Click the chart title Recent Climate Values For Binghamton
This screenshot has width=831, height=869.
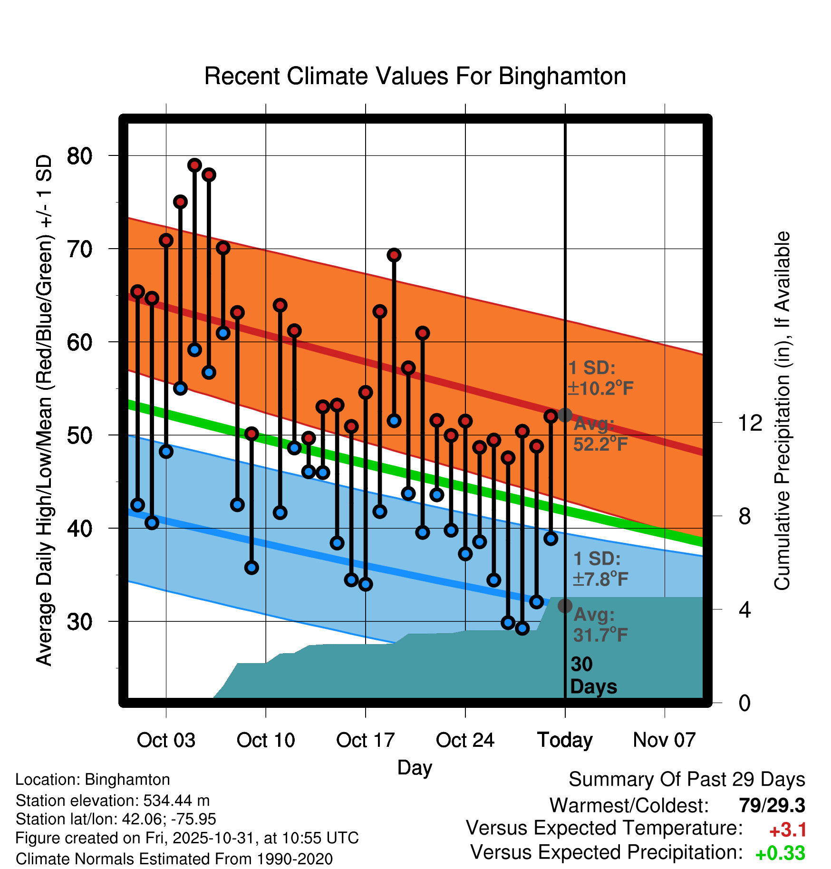(x=415, y=76)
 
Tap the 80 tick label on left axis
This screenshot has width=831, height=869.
(x=79, y=156)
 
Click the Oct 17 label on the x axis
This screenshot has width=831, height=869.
(x=365, y=740)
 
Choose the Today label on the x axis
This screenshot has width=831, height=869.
(x=565, y=740)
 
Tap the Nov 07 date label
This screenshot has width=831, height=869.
(x=664, y=740)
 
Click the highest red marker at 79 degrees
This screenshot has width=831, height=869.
(x=194, y=165)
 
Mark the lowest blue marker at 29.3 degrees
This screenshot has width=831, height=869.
(x=522, y=628)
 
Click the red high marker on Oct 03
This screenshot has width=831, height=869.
(x=166, y=240)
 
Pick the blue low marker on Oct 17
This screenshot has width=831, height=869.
(x=366, y=584)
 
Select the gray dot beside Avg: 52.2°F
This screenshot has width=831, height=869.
(x=565, y=415)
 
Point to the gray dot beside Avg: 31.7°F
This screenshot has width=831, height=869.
(x=565, y=606)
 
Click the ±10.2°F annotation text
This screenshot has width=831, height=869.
(x=600, y=388)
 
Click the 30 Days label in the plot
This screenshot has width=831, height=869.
(x=593, y=676)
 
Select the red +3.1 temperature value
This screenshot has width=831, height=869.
(x=787, y=830)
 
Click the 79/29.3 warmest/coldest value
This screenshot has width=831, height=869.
(x=772, y=805)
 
